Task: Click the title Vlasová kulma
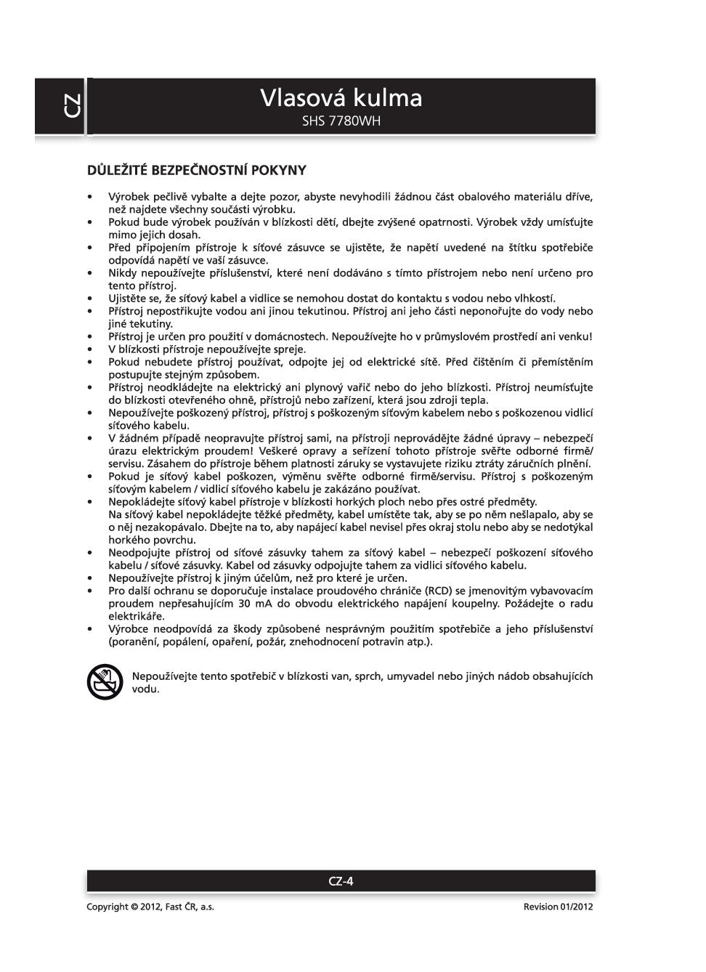[x=341, y=98]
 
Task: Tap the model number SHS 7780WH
[x=341, y=121]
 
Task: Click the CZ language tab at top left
[x=71, y=106]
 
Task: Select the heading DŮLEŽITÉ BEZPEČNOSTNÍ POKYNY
[x=196, y=171]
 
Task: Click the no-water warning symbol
[x=105, y=682]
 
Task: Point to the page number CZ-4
[x=341, y=881]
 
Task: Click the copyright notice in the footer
[x=150, y=907]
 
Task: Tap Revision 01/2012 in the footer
[x=558, y=907]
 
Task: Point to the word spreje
[x=288, y=349]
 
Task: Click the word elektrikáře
[x=137, y=616]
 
